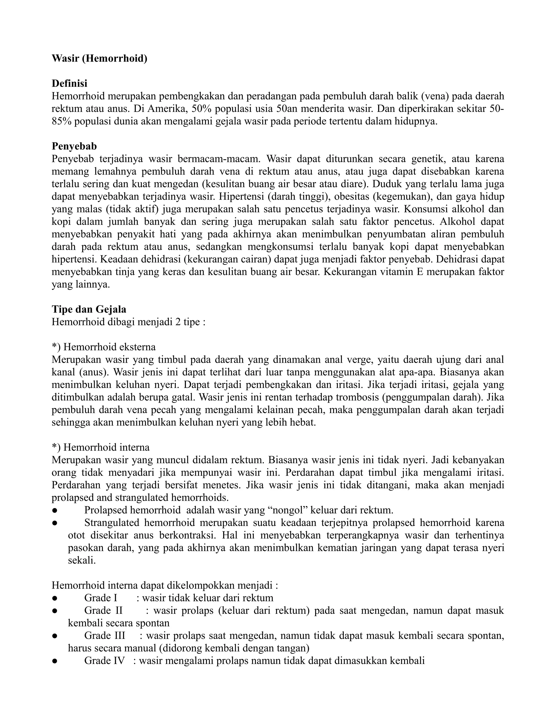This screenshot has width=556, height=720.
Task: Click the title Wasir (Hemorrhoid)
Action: point(99,59)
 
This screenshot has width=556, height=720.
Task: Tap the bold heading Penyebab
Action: point(74,146)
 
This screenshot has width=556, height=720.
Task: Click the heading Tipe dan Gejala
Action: point(89,309)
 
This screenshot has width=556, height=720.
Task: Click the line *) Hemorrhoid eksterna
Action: point(103,347)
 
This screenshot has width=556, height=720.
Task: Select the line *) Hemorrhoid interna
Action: point(100,447)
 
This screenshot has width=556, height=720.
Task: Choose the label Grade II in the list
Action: point(103,610)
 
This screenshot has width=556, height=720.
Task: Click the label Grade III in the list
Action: point(105,635)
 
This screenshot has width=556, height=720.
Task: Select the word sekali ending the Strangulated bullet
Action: point(82,561)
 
